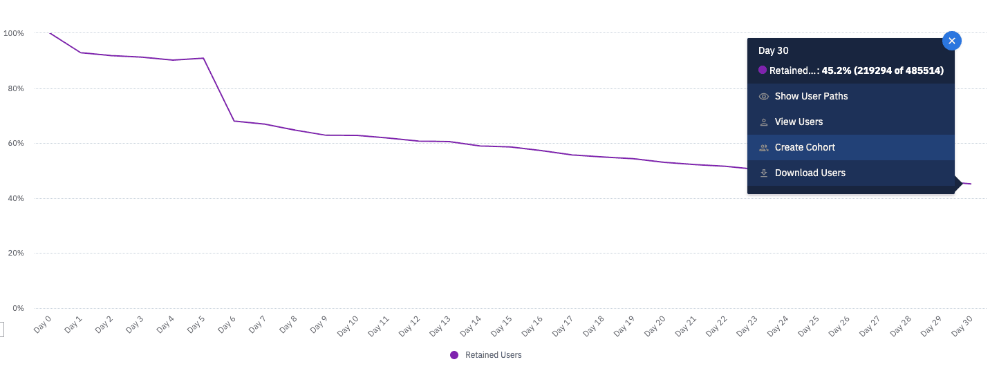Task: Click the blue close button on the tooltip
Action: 952,41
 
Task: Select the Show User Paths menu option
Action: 811,97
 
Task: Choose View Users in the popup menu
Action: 799,122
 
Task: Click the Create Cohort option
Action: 805,148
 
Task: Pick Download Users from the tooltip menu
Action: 810,173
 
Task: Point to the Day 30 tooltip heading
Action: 773,50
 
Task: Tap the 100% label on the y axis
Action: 14,33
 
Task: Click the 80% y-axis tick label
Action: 15,88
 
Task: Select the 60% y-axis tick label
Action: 15,144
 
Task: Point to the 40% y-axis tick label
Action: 15,199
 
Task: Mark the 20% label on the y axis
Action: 15,254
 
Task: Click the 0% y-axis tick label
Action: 17,309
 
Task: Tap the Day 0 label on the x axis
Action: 43,324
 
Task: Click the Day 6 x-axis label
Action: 227,324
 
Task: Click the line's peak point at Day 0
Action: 50,33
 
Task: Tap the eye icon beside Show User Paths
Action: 764,97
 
